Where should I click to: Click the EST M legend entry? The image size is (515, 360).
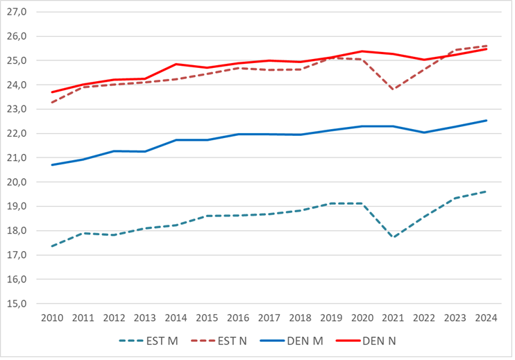pos(149,341)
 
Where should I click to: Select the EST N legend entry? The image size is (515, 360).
pos(219,341)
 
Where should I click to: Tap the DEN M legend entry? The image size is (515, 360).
pos(292,341)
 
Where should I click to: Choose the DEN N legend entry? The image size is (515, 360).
pos(366,341)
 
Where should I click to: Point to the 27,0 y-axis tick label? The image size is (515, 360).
pos(17,12)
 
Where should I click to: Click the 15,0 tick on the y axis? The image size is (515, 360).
pos(17,304)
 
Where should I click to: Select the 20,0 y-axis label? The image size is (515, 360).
pos(17,182)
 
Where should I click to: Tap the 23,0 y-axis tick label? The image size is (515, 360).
pos(17,110)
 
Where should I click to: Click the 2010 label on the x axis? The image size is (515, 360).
pos(52,318)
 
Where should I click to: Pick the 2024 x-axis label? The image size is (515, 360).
pos(486,318)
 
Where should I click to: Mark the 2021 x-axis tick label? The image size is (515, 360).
pos(393,318)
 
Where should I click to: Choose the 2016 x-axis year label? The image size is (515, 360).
pos(238,318)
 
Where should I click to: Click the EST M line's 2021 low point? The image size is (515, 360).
pos(393,237)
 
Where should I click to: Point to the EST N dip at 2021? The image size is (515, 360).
pos(393,89)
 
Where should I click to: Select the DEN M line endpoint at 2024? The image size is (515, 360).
pos(487,121)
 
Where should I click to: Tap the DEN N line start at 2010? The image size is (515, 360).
pos(52,92)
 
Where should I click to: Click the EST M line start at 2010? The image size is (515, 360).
pos(52,246)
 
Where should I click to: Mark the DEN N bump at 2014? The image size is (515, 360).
pos(176,64)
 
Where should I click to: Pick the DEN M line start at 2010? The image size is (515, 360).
pos(52,165)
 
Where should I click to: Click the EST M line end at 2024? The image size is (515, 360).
pos(487,191)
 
